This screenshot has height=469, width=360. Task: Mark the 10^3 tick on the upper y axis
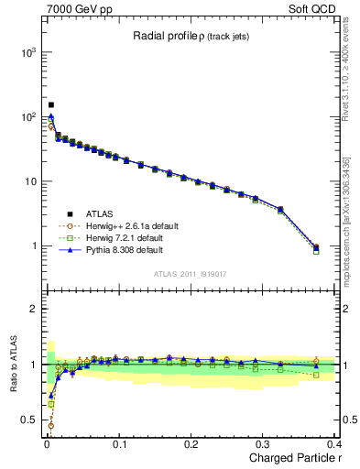coord(28,53)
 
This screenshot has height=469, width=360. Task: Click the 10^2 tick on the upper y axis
coord(28,117)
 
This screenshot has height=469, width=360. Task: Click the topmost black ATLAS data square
coord(51,105)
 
